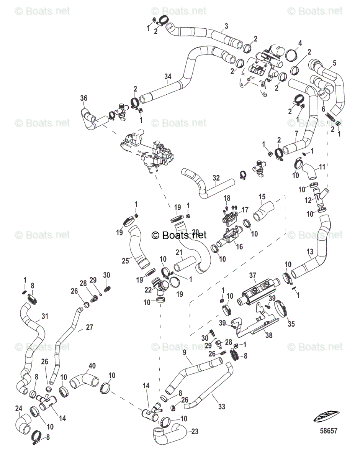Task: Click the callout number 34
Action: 167,77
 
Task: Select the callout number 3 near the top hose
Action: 226,26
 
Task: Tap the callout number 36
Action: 83,98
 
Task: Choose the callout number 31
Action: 45,317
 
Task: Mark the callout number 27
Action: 89,327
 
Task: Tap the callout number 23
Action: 195,431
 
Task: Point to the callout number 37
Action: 263,275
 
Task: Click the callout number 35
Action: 291,324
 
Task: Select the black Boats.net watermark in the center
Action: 179,235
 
